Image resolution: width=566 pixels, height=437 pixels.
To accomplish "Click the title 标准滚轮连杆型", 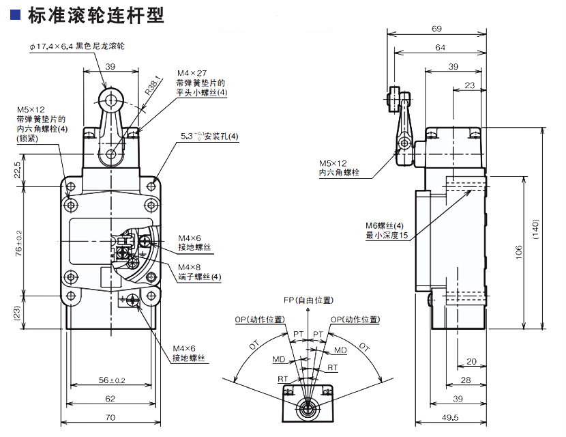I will (95, 16).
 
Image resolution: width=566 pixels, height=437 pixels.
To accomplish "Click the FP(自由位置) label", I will (308, 300).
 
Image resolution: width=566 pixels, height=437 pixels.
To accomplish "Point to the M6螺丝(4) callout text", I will (385, 225).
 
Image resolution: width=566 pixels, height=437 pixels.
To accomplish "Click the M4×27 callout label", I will (191, 73).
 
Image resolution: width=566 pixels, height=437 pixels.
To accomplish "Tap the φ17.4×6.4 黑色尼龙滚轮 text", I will (76, 46).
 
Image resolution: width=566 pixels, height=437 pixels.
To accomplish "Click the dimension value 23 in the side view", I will (469, 85).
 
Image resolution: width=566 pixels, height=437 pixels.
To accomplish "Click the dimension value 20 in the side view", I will (471, 362).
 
